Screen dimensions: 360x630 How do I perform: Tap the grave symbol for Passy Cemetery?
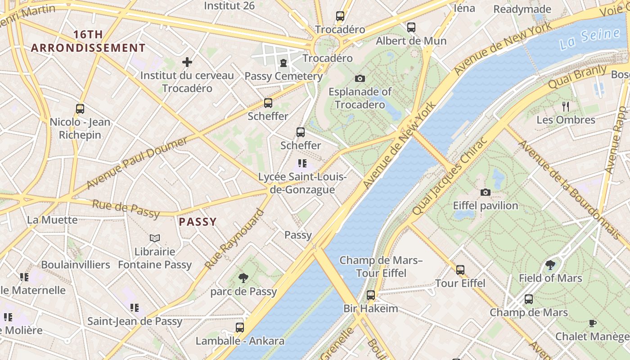point(283,63)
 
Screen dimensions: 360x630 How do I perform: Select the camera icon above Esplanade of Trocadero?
point(360,78)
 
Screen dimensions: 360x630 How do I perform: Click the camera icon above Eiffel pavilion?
point(485,192)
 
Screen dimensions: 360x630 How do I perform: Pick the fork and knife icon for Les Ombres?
point(566,107)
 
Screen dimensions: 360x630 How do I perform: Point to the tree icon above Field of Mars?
point(550,265)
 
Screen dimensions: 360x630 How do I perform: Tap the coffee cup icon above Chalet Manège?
point(593,323)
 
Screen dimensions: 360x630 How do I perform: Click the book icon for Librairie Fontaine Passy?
point(155,238)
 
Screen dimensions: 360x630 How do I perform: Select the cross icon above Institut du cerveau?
point(187,62)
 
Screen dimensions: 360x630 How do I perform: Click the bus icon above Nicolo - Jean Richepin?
point(80,109)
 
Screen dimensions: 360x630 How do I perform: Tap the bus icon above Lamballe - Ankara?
point(240,327)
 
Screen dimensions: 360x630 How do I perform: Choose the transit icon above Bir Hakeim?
point(370,295)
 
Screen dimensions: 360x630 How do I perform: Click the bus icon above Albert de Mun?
point(411,27)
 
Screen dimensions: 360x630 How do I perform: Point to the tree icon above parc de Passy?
point(243,278)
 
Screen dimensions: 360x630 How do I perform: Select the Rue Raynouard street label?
point(234,239)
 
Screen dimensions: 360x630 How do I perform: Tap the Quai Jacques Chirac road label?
point(450,176)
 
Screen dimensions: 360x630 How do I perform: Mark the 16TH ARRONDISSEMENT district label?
point(88,41)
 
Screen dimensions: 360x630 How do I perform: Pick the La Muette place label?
point(52,220)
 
